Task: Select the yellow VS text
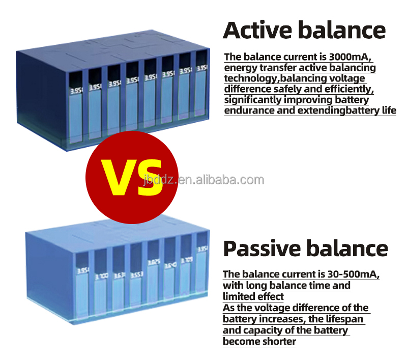132,177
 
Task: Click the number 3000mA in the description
350,57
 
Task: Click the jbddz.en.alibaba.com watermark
203,180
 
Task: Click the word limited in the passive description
240,296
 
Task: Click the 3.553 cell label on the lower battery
136,275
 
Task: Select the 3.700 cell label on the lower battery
100,275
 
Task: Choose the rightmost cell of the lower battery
202,272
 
